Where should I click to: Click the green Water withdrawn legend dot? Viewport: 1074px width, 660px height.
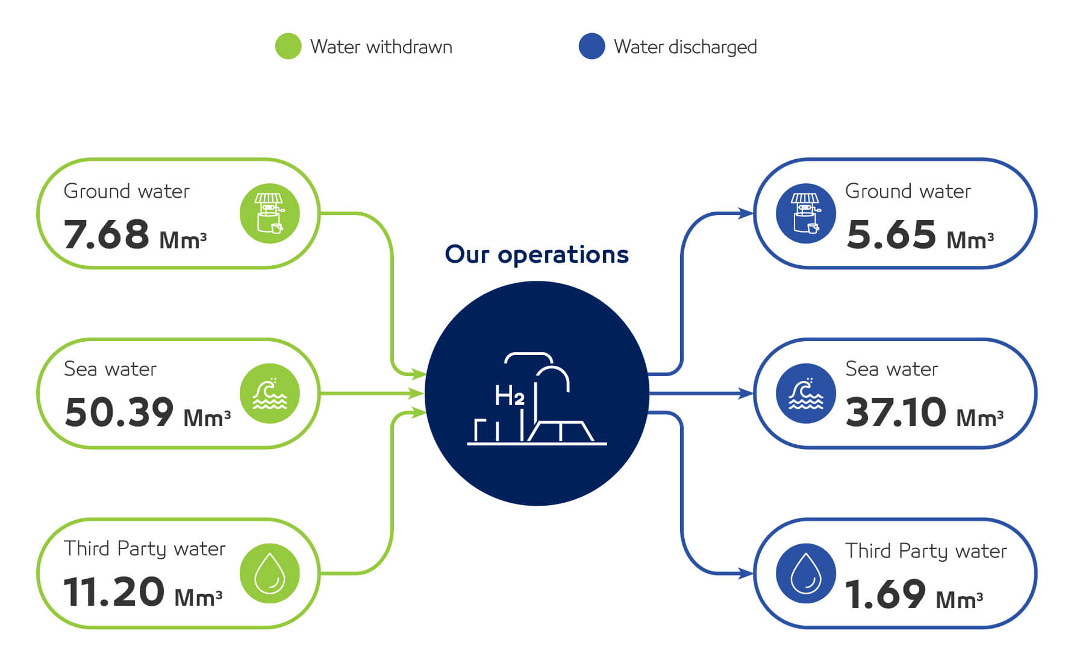(x=288, y=46)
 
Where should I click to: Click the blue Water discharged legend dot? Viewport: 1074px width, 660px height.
(x=592, y=46)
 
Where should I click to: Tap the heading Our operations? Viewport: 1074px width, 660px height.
(x=537, y=254)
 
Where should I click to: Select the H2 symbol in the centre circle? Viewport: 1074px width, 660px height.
(x=510, y=396)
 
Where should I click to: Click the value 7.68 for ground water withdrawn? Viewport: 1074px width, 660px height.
(x=106, y=234)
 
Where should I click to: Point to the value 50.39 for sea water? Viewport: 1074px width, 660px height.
(x=119, y=412)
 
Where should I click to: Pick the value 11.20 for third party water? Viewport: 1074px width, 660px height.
(x=114, y=591)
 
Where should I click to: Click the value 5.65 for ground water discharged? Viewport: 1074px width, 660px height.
(x=891, y=234)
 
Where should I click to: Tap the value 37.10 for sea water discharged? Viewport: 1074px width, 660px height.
(x=896, y=412)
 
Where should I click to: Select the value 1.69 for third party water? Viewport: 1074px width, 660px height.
(x=885, y=594)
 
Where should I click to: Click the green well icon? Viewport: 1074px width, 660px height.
(x=270, y=213)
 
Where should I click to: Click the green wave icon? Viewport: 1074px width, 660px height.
(x=270, y=393)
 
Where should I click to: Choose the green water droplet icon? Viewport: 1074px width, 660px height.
(x=270, y=573)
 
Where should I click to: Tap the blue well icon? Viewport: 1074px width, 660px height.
(x=806, y=213)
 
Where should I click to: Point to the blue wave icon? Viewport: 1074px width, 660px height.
(x=806, y=393)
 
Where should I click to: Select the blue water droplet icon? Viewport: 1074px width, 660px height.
(x=806, y=573)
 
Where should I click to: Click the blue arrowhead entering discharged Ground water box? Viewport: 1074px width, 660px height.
(x=746, y=213)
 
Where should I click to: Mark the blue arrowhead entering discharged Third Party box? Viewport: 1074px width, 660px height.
(x=746, y=573)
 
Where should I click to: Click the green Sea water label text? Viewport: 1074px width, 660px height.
(x=110, y=369)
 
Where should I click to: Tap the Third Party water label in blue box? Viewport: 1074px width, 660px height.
(x=926, y=552)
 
